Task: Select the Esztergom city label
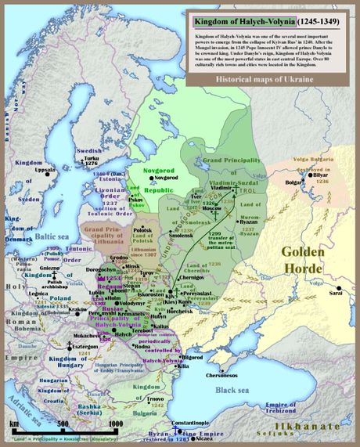(x=63, y=344)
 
